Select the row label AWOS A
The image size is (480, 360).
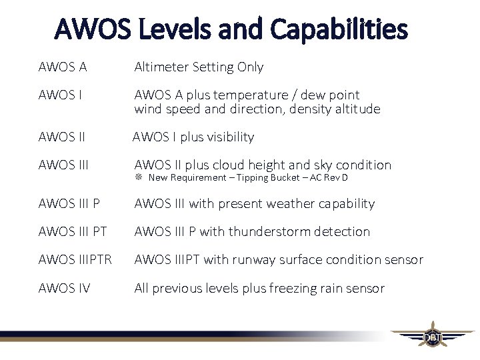click(63, 67)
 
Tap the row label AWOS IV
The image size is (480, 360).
click(65, 288)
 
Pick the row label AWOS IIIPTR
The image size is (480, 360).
click(75, 259)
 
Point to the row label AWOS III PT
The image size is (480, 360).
click(73, 231)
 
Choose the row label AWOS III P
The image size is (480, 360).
click(69, 203)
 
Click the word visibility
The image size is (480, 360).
click(230, 137)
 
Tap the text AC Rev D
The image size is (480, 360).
click(329, 177)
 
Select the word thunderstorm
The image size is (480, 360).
click(273, 231)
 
